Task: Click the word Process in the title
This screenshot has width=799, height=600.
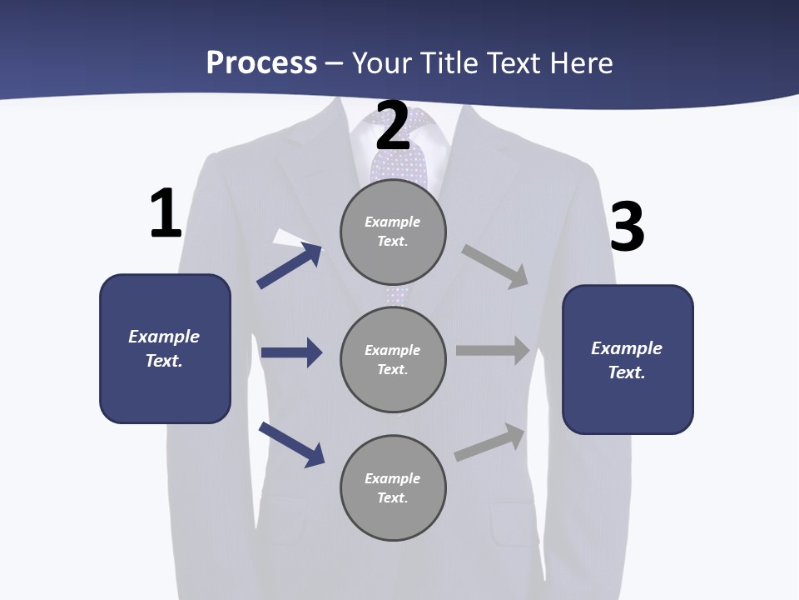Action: [x=261, y=62]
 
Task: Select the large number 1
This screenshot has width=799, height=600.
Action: [x=166, y=214]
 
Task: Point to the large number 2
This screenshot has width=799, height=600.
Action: [x=393, y=126]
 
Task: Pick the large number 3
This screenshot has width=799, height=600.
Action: [x=627, y=227]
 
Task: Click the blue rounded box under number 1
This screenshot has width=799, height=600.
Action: [x=165, y=348]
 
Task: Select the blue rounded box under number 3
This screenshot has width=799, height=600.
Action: [x=628, y=359]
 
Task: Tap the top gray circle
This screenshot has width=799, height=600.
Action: [x=393, y=232]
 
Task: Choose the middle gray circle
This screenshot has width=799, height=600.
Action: [x=393, y=359]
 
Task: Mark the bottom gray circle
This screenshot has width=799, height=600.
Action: [x=393, y=487]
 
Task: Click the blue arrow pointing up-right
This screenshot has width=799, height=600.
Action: [x=289, y=266]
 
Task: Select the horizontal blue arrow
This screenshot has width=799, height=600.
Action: [x=291, y=352]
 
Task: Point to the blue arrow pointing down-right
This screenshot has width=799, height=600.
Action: [x=291, y=444]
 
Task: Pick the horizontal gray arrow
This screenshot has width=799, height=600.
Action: [x=493, y=351]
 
